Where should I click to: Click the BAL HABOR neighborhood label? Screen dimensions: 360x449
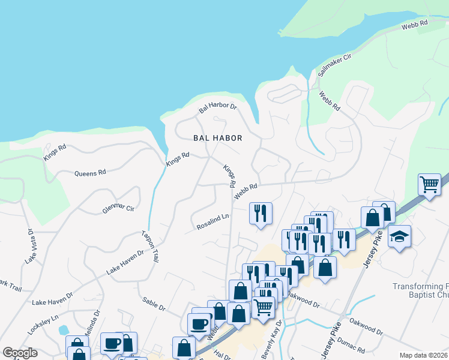[217, 138]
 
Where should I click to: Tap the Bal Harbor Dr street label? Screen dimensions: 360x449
[218, 109]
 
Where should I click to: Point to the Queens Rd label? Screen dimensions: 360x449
[90, 173]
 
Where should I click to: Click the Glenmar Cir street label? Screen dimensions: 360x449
[118, 208]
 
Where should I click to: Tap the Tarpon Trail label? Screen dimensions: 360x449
[150, 247]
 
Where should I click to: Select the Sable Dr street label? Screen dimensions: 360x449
[154, 303]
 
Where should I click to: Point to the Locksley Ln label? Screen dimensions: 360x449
[43, 325]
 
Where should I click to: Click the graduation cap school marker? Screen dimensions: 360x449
[399, 236]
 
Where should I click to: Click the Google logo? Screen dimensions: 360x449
[20, 353]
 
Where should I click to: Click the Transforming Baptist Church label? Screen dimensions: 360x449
[421, 291]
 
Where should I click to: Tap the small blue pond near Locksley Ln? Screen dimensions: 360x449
[64, 330]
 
